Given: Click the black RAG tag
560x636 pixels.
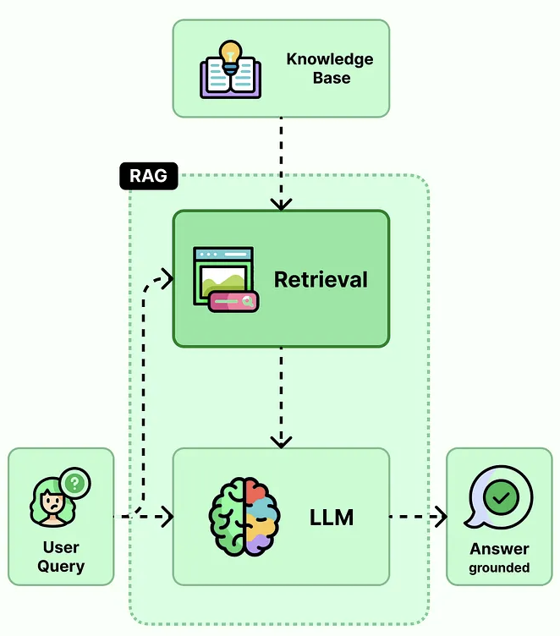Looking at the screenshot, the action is click(x=149, y=176).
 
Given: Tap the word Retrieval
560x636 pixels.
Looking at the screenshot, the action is click(x=321, y=280).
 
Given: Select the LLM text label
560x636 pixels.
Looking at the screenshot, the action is click(x=332, y=517).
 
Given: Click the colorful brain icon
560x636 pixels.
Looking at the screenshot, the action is click(x=244, y=517).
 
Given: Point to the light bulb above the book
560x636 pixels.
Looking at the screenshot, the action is click(x=230, y=57).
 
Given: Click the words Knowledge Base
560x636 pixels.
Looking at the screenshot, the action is click(x=330, y=69).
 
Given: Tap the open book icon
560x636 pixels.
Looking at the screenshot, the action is click(x=230, y=78).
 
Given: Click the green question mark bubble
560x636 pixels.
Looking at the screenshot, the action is click(x=74, y=483).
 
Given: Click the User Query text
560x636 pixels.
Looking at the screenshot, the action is click(x=61, y=556).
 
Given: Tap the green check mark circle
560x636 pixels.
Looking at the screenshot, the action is click(x=501, y=497).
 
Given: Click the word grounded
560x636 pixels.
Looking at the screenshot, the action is click(x=499, y=567).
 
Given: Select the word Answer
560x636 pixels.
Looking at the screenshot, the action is click(x=499, y=549).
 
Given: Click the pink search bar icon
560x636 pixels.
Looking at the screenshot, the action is click(x=233, y=302).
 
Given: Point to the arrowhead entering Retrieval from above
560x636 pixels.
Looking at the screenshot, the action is click(x=281, y=205).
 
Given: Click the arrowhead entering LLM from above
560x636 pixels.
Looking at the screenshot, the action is click(x=281, y=442).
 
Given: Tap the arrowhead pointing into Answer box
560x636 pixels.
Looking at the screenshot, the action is click(x=441, y=517).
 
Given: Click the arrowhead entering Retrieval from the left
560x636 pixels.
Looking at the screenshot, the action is click(x=167, y=278).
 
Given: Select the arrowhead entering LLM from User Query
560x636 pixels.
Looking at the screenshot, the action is click(x=167, y=517).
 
